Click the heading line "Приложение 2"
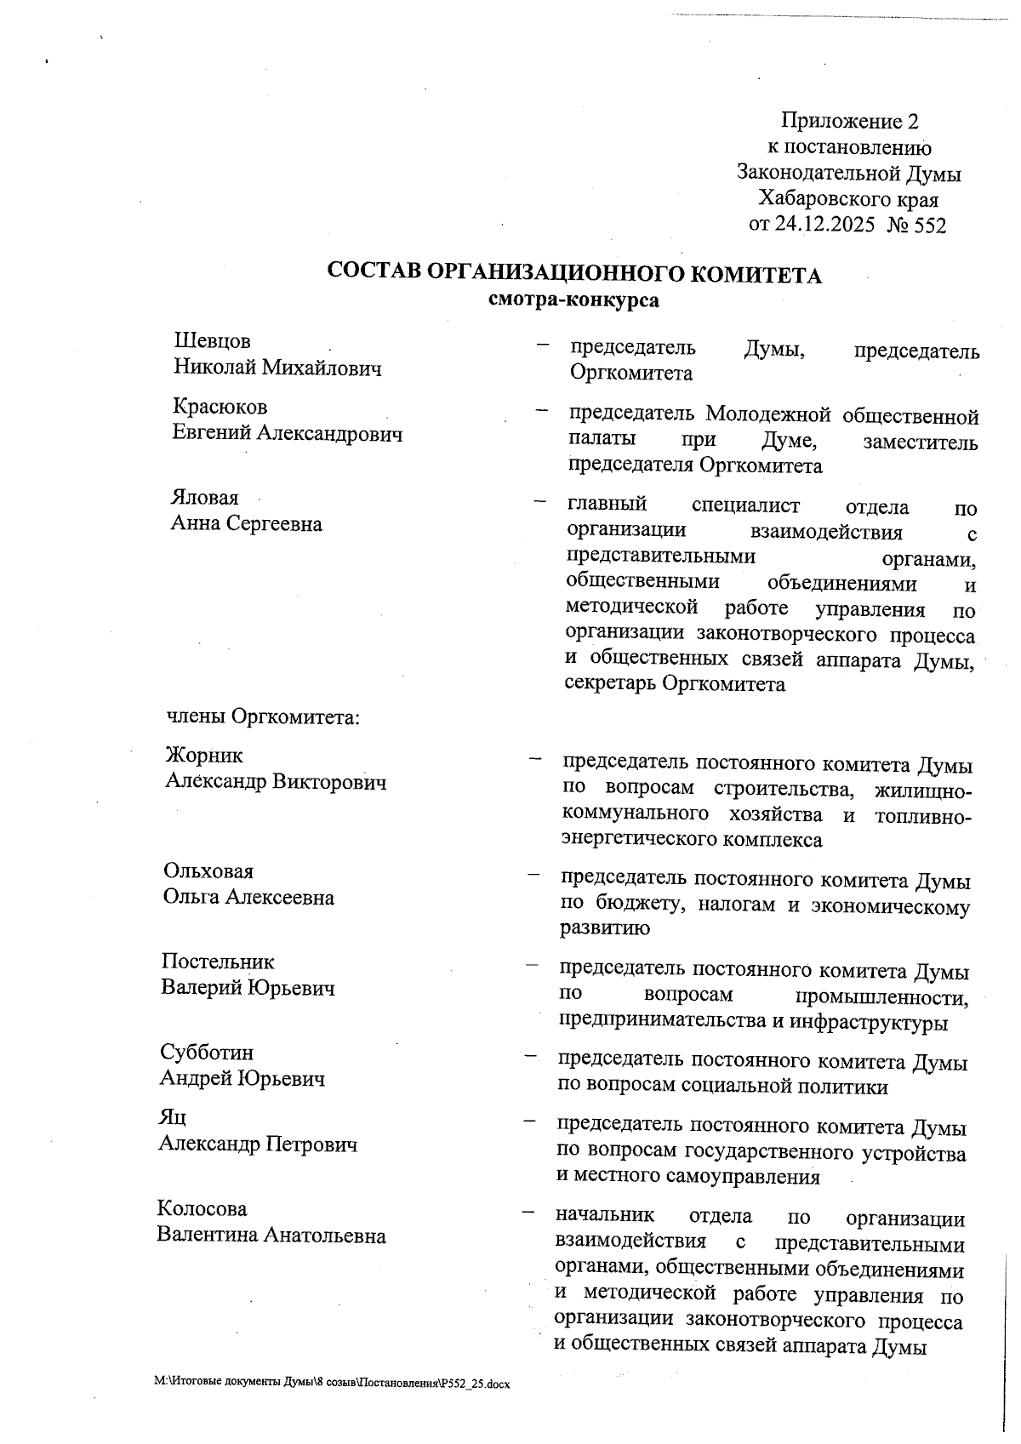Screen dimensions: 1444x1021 (850, 121)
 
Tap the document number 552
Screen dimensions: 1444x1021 (929, 225)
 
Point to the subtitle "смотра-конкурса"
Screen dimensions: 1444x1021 (574, 300)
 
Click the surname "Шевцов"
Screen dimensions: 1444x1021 (213, 341)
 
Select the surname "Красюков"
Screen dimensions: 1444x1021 (220, 407)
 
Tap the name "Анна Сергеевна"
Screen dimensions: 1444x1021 (247, 523)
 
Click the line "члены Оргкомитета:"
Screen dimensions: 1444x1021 (264, 716)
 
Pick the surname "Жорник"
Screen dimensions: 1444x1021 (204, 756)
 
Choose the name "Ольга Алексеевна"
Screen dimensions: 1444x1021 (248, 898)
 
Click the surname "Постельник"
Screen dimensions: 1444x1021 (218, 962)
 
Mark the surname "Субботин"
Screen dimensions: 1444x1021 (207, 1053)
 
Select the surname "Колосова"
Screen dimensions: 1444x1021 (202, 1209)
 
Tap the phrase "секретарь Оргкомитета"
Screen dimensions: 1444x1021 (676, 684)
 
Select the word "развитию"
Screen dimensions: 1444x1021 (604, 928)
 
